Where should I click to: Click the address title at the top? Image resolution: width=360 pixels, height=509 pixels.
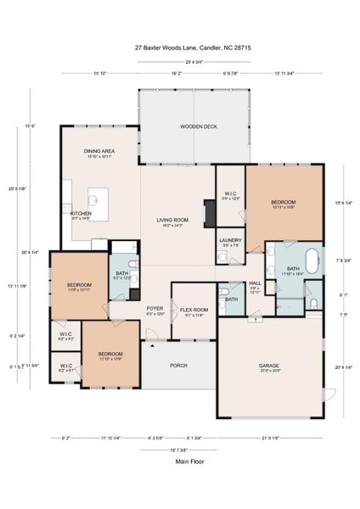click(179, 48)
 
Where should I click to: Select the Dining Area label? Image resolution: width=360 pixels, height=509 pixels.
click(99, 151)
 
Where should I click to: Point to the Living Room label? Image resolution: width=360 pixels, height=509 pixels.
click(171, 221)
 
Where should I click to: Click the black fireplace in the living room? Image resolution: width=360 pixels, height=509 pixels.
click(208, 214)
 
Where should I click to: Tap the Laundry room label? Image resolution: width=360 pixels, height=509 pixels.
click(229, 241)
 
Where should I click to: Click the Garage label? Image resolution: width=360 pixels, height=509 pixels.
click(269, 366)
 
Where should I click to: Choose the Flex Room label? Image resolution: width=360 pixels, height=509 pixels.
click(194, 310)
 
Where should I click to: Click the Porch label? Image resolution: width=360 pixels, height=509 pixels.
click(179, 366)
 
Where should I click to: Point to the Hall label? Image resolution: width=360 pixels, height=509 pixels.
click(255, 283)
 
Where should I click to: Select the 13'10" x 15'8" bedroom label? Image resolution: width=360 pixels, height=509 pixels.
click(283, 202)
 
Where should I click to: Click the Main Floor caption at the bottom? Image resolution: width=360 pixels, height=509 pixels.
click(179, 462)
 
